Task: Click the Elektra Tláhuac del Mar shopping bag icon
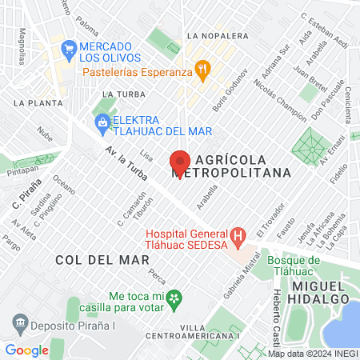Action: pos(102,122)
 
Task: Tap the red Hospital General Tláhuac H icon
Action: pos(237,237)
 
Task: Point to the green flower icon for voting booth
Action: pos(178,298)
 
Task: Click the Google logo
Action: pos(26,350)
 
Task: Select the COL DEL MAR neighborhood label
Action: pos(91,260)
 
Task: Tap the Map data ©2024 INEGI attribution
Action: pos(312,353)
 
